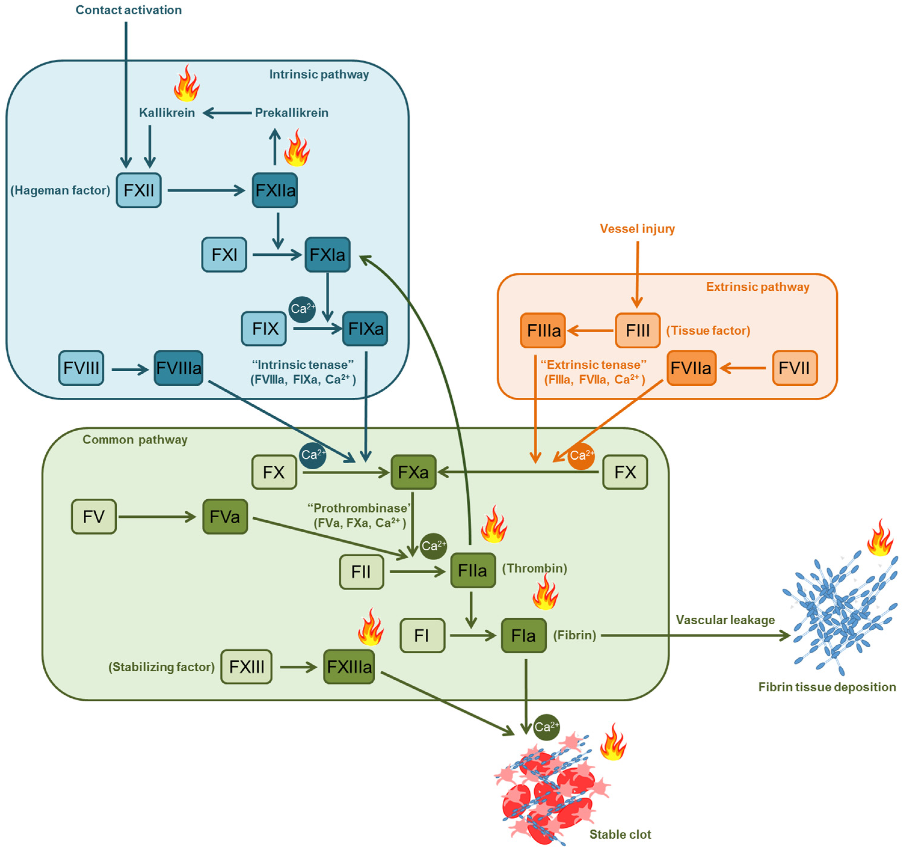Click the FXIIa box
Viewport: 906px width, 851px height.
(275, 190)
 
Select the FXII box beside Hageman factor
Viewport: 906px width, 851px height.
(139, 190)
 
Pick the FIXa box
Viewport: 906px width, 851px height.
(365, 329)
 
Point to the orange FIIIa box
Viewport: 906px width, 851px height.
(543, 331)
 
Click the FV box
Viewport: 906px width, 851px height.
(94, 517)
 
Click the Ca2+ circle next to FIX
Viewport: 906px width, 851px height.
(302, 309)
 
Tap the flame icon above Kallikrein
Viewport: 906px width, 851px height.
(186, 83)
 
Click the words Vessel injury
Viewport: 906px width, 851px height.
(637, 229)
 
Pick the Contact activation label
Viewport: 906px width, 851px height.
(128, 10)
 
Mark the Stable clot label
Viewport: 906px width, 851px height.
(620, 834)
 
